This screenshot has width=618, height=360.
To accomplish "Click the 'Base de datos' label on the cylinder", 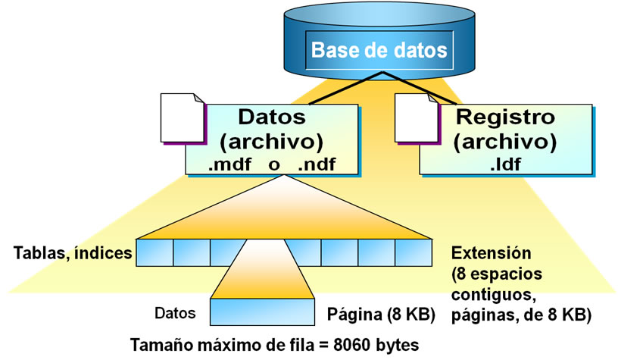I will pos(379,52).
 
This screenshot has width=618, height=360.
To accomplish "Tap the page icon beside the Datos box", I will pos(182,117).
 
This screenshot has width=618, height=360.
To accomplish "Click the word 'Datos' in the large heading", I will pos(272,117).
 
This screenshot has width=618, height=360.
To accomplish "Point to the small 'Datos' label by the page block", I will pos(175,312).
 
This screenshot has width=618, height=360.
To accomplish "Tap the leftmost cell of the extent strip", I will pos(154,252).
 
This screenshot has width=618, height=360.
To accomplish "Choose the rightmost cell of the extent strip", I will pos(414,252).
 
